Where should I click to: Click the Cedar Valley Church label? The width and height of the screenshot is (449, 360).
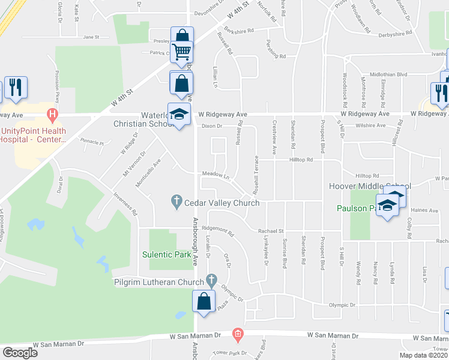pos(221,203)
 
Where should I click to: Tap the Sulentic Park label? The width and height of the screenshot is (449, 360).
pos(166,254)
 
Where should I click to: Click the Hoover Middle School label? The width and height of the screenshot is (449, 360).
pos(369,187)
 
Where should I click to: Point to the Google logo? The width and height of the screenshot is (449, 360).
pos(20,353)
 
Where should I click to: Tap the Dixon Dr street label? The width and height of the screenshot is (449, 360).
pos(212,126)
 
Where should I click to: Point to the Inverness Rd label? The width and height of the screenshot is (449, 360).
pos(127,204)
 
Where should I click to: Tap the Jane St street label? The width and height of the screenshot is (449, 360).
pos(91,37)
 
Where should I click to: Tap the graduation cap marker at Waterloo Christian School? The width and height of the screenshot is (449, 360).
pos(178,115)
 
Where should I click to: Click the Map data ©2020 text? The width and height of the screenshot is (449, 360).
pos(424,355)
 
